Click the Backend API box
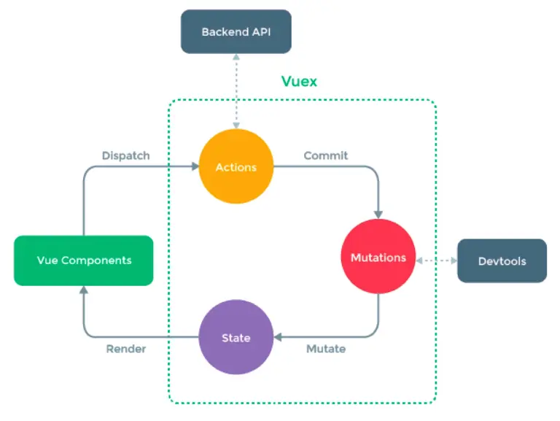click(236, 31)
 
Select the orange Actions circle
click(236, 167)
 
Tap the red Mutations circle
click(378, 258)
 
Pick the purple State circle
click(236, 338)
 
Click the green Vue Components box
click(84, 260)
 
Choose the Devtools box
click(502, 260)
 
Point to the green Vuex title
click(299, 81)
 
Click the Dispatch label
click(125, 155)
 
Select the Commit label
click(325, 155)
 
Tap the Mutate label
click(325, 349)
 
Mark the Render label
click(125, 349)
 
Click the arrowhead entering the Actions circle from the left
click(195, 167)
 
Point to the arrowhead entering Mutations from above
click(378, 213)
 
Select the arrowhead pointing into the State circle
click(278, 338)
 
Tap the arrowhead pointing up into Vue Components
click(84, 290)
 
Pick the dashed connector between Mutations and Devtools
click(436, 260)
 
